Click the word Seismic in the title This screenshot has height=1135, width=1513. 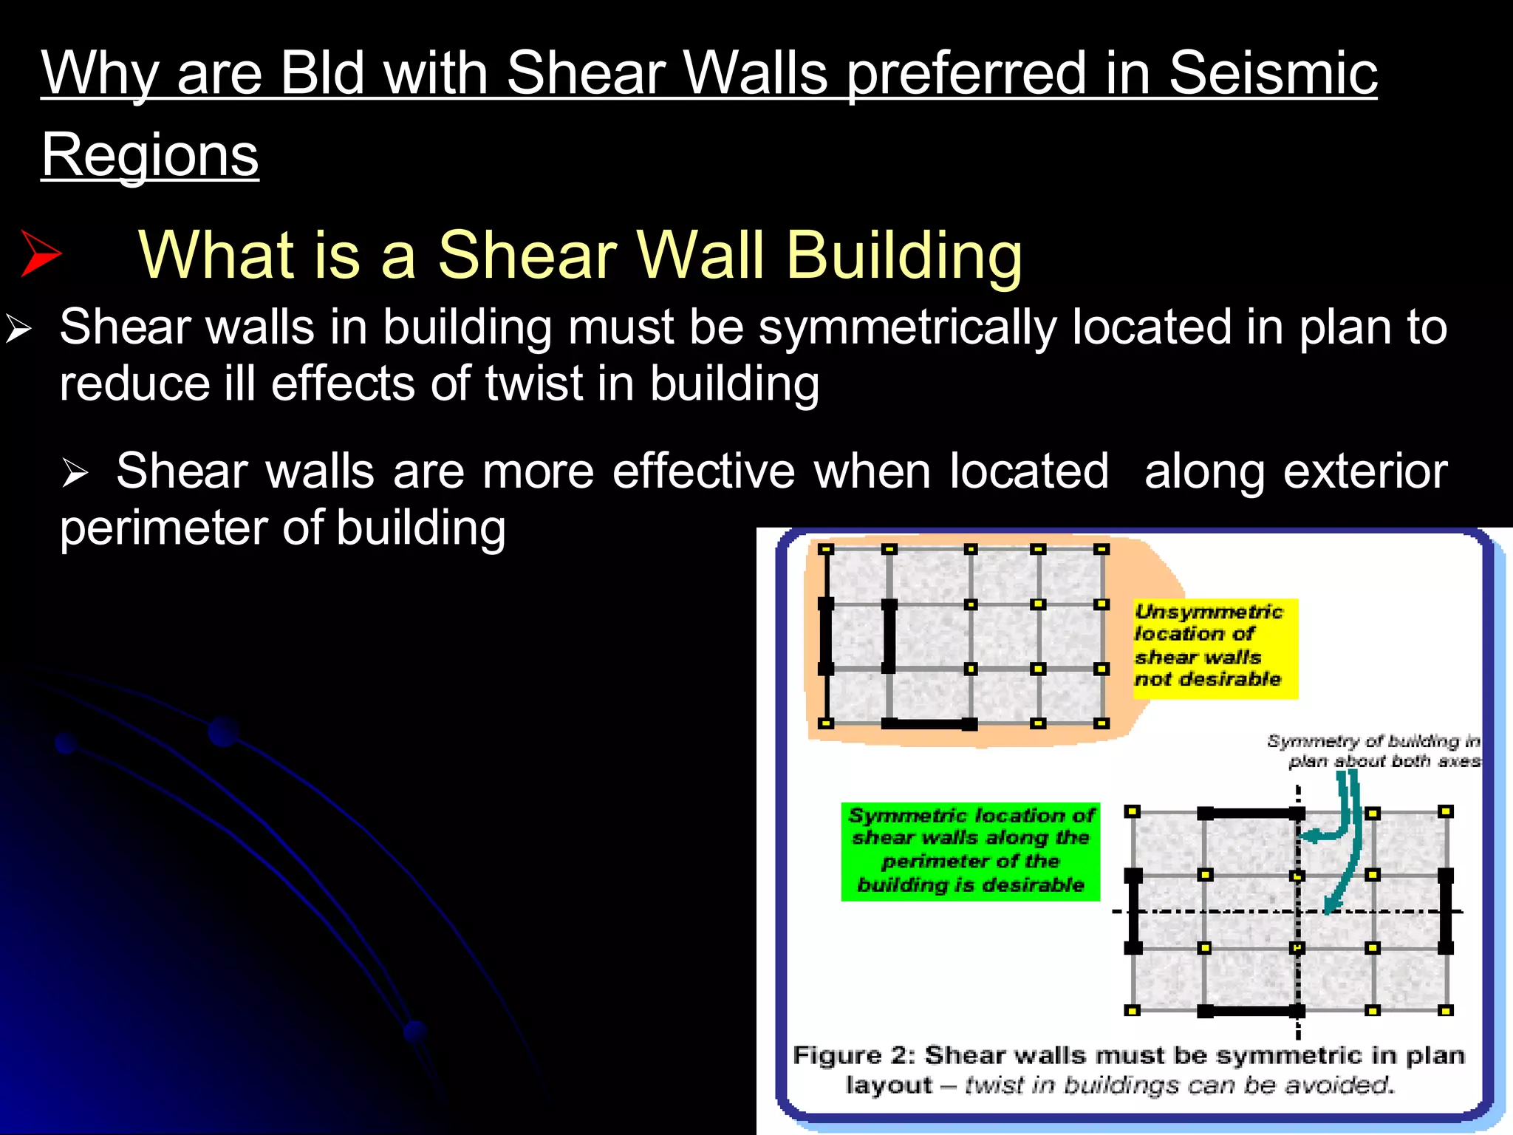[1272, 74]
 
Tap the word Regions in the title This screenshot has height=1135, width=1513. [150, 156]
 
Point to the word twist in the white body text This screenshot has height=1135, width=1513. [535, 384]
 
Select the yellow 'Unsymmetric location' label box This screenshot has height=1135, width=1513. [1215, 647]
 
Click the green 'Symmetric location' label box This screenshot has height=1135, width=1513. [970, 851]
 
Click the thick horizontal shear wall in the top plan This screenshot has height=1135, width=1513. [929, 724]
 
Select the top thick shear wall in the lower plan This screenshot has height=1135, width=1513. [1251, 814]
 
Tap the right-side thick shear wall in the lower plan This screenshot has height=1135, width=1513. [1446, 911]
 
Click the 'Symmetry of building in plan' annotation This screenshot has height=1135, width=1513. [1374, 751]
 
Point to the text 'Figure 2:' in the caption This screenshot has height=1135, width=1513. [853, 1055]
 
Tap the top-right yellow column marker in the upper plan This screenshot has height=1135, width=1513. [1102, 549]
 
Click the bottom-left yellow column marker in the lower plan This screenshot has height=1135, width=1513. [1132, 1010]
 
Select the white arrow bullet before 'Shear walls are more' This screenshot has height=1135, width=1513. [75, 472]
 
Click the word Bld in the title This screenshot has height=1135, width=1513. [322, 74]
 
